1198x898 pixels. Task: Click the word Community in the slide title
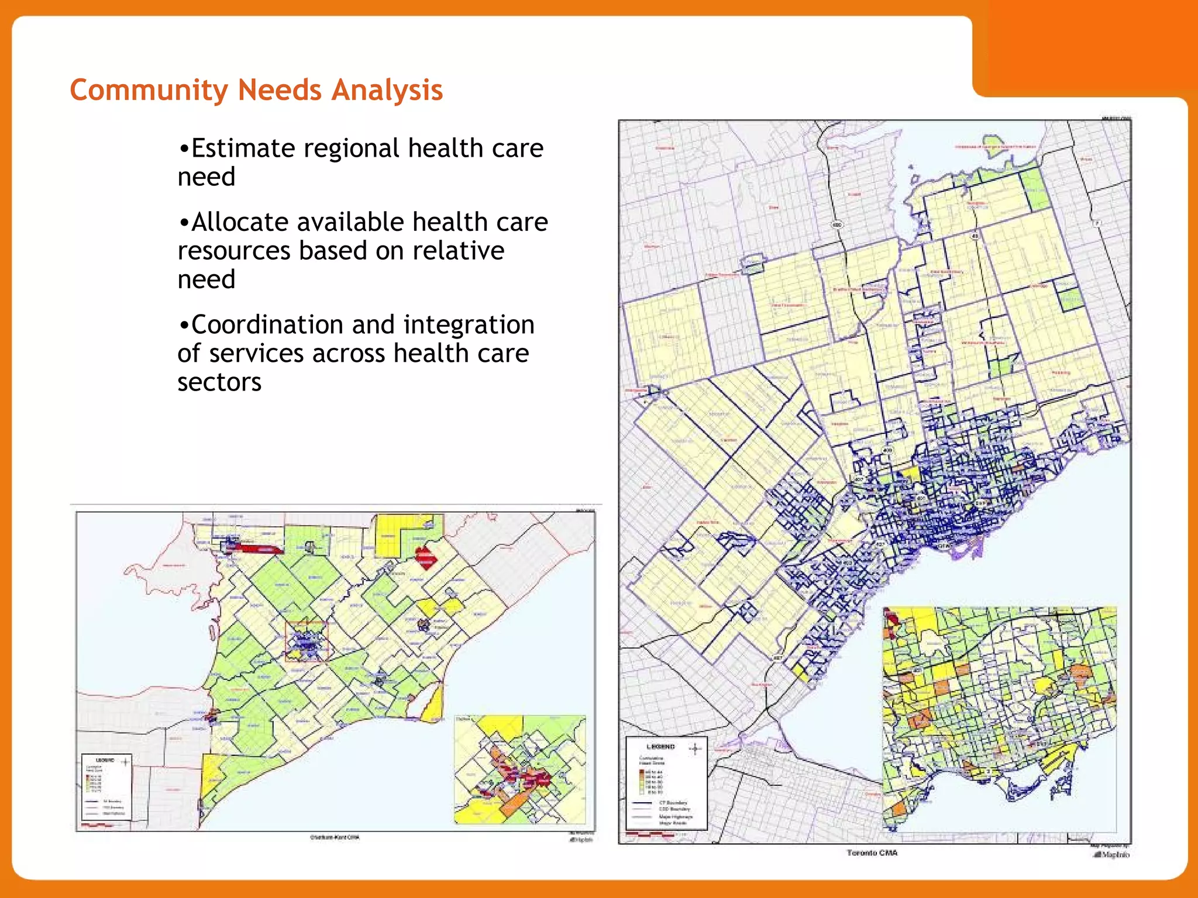149,91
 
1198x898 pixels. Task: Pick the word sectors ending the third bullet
219,382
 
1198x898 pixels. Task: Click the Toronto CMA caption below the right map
872,853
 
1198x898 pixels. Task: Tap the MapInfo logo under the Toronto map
1112,854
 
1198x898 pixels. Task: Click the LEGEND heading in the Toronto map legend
660,747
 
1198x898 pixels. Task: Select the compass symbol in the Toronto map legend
695,749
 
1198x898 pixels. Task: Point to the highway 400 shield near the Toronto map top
838,225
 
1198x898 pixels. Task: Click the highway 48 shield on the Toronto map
975,236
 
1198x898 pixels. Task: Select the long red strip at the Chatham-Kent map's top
254,548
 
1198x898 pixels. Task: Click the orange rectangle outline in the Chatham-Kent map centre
307,641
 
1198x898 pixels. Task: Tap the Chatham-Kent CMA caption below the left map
335,837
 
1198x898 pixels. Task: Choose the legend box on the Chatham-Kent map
106,787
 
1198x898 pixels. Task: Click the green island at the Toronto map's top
994,142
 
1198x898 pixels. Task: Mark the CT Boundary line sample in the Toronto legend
642,803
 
